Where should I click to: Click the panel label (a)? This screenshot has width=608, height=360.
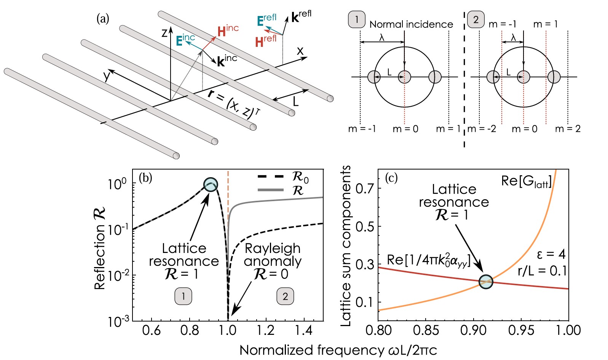pos(103,19)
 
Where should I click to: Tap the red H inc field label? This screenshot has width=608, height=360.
pos(228,30)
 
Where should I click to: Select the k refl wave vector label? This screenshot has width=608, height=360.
pos(301,17)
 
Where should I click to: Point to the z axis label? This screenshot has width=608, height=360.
pos(164,33)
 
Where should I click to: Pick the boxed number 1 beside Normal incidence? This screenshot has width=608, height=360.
pos(357,19)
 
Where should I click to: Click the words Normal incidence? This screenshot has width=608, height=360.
pos(411,24)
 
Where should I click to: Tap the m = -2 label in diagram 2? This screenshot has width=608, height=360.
pos(482,129)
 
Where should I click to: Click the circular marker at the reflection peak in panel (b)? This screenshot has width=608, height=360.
pos(211,185)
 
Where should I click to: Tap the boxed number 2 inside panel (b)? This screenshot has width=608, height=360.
pos(285,296)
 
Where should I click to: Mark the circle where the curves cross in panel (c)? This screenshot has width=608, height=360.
pos(486,282)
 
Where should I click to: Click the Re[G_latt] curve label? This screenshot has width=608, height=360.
pos(526,181)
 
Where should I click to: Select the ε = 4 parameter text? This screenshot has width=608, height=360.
pos(551,254)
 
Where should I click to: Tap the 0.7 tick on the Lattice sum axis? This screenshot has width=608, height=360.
pos(364,188)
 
